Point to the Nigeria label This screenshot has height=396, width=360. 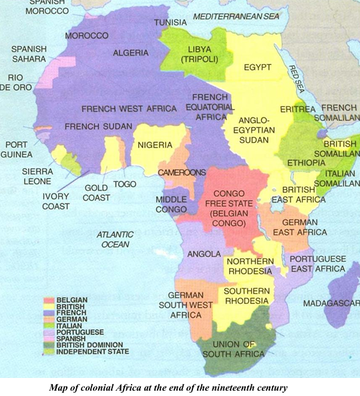155,145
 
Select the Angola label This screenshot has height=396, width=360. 204,254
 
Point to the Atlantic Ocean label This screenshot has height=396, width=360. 115,240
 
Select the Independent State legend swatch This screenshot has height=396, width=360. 48,351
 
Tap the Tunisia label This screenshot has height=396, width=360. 170,21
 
